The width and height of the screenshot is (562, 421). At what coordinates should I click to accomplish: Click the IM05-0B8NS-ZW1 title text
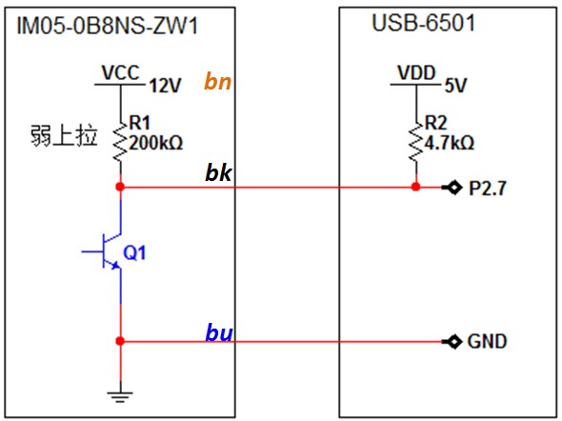point(108,26)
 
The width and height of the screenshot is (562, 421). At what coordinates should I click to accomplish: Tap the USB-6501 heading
point(424,23)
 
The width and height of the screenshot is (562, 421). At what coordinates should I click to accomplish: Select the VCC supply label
point(120,72)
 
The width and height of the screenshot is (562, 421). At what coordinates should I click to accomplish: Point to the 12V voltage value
point(165,86)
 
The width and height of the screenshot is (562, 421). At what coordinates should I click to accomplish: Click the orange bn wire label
point(217,81)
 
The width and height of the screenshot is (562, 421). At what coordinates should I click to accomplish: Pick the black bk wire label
point(218,172)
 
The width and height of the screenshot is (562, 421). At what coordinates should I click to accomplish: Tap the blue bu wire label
point(219,332)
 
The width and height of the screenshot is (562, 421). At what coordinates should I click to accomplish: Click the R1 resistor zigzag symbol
point(120,141)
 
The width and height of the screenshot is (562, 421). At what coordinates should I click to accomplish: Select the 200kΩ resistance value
point(156,143)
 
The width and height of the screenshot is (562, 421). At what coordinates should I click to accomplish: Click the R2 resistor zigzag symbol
point(416,141)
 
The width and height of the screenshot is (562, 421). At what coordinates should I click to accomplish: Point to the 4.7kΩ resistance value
point(450,143)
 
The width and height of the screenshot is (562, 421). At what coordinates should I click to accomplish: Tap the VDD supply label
point(416,72)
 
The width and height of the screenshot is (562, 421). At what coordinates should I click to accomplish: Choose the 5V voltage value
point(455,86)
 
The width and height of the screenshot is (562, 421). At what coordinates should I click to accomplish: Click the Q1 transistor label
point(134,253)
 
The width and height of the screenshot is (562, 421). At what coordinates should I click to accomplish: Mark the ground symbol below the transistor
point(120,396)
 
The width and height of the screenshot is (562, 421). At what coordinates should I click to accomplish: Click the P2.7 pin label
point(488,188)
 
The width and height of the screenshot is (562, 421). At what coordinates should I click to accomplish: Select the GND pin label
point(487,341)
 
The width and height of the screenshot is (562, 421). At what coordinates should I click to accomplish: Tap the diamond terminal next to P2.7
point(454,187)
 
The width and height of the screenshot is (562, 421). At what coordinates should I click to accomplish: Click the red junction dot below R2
point(415,187)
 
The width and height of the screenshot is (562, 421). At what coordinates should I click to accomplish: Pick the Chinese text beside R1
point(64,136)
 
